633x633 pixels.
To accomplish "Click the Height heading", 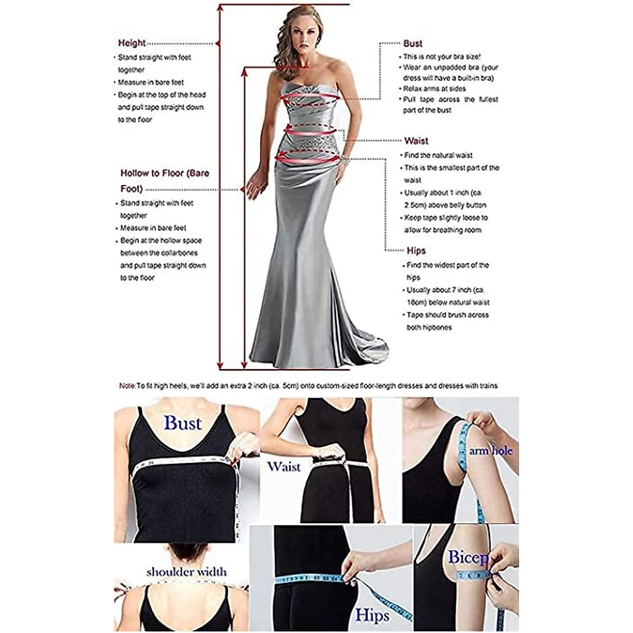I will click(x=131, y=43).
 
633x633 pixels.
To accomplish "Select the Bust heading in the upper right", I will click(x=413, y=44).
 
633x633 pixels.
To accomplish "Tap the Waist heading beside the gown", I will click(x=416, y=141).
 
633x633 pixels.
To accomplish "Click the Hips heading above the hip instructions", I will click(x=416, y=251).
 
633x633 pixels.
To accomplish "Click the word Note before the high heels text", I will click(x=127, y=386).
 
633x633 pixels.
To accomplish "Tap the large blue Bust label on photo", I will click(x=183, y=423).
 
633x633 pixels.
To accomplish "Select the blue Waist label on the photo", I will click(x=283, y=466).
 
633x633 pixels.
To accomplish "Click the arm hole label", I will click(x=491, y=451).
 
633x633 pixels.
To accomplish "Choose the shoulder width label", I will click(x=187, y=572).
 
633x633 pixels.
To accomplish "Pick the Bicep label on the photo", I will click(x=468, y=557).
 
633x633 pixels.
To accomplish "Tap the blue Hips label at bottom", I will click(x=372, y=615).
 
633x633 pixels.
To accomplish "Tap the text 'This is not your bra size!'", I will click(x=442, y=56).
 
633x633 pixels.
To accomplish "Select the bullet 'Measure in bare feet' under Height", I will click(x=151, y=82).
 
